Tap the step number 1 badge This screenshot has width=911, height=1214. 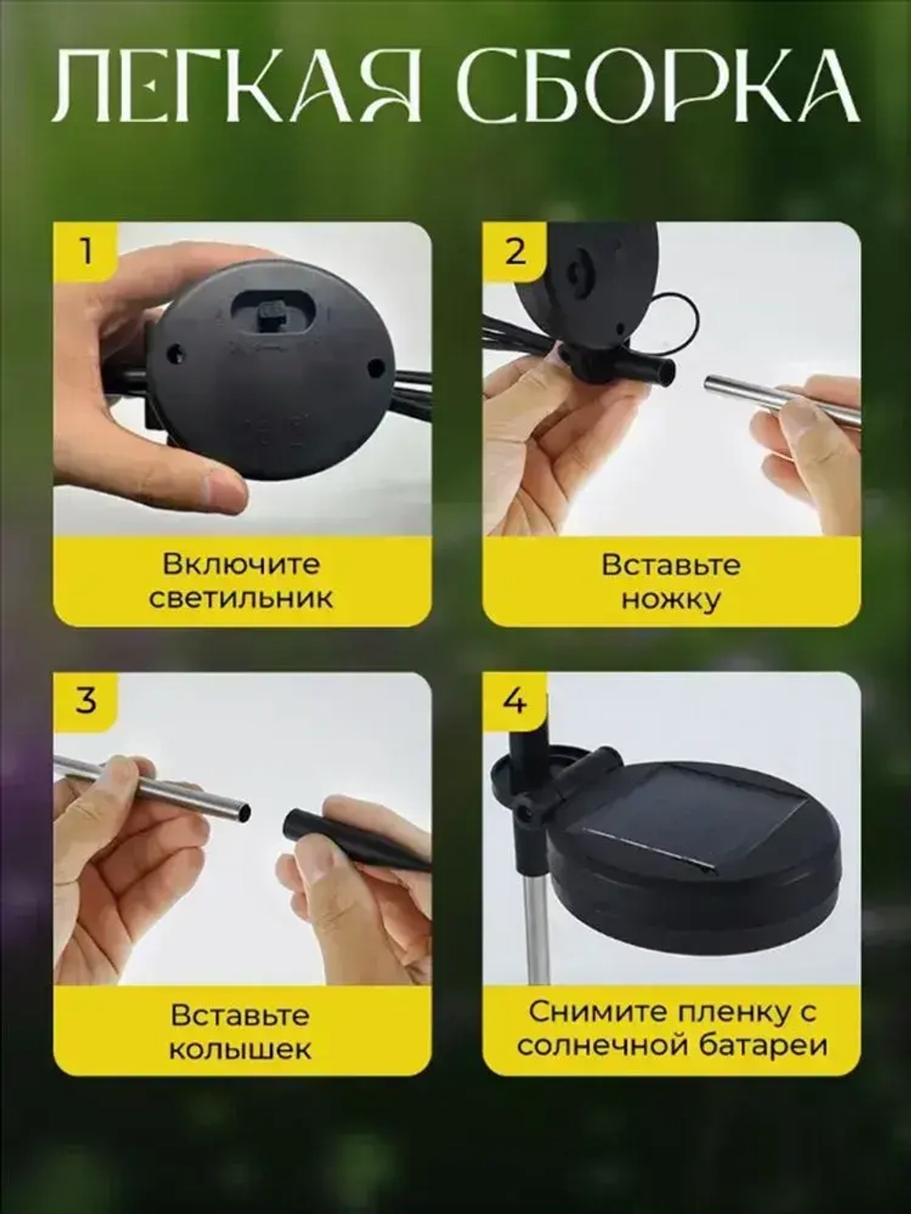click(86, 250)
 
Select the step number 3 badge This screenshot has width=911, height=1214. click(86, 700)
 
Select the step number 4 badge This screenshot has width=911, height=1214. click(516, 700)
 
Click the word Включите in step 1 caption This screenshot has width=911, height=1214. click(241, 564)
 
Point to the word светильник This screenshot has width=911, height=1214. click(241, 598)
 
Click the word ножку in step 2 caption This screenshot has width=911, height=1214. click(671, 599)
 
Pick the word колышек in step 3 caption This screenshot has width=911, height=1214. click(241, 1048)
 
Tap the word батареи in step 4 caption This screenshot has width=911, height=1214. click(763, 1045)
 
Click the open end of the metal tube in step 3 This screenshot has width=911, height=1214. click(239, 809)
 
